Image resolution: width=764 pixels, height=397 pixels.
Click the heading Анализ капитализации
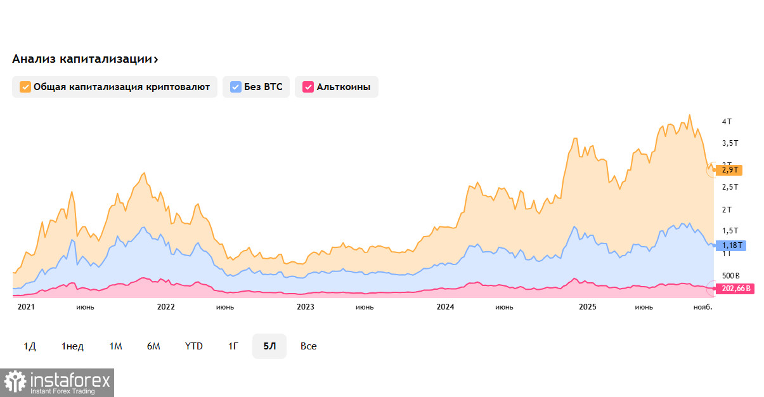(x=85, y=59)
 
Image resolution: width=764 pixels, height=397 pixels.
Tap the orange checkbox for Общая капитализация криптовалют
(x=25, y=87)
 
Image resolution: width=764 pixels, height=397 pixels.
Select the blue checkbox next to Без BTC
(x=236, y=87)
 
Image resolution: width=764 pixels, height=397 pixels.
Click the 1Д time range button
(x=30, y=346)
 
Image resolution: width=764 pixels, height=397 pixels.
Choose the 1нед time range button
(x=72, y=346)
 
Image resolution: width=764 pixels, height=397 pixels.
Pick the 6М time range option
(x=153, y=346)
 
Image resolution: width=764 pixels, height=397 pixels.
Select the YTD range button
(x=193, y=346)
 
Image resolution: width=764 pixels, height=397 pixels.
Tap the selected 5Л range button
(x=269, y=346)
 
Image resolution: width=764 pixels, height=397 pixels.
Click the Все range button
(x=309, y=346)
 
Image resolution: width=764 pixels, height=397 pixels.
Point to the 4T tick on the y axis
(x=727, y=121)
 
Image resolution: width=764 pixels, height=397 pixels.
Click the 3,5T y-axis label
(x=730, y=143)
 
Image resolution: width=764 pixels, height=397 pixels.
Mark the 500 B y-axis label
(x=731, y=277)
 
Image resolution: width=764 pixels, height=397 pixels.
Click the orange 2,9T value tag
(x=732, y=170)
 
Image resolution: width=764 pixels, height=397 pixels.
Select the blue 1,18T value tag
(x=732, y=245)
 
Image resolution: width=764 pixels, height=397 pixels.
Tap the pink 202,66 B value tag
(x=736, y=289)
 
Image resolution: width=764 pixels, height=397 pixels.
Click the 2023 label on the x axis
(x=306, y=307)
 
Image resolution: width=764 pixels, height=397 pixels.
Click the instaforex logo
(x=58, y=382)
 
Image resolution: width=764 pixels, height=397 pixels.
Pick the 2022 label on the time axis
(x=165, y=307)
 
